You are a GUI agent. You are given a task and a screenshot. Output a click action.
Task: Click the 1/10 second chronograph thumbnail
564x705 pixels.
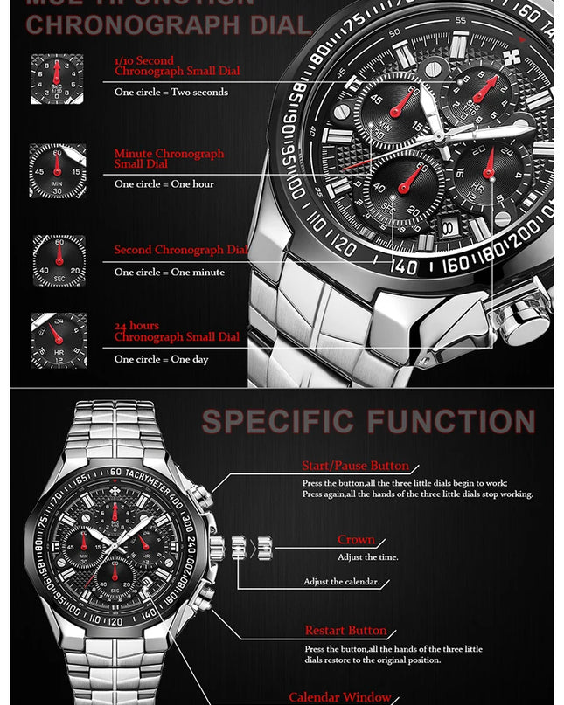[x=58, y=79]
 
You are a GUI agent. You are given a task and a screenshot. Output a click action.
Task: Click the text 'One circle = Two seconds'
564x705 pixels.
[x=171, y=93]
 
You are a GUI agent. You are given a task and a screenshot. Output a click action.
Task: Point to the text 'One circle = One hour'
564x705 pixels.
[x=164, y=184]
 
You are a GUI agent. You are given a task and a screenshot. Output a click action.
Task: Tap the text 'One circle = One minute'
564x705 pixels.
[x=169, y=273]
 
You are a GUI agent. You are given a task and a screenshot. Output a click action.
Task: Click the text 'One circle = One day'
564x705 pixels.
[x=161, y=360]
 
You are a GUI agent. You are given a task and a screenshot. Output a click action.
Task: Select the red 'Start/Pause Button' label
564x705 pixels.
[x=355, y=467]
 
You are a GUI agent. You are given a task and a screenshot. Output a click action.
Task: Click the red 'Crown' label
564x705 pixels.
[x=356, y=540]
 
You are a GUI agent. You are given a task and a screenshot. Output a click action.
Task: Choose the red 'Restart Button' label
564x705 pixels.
[x=345, y=631]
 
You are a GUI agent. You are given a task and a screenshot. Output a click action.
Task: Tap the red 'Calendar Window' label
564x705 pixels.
[x=340, y=697]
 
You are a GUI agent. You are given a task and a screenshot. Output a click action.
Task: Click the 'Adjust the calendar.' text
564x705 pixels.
[x=342, y=582]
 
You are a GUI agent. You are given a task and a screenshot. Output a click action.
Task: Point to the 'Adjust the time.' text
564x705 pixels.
[x=368, y=557]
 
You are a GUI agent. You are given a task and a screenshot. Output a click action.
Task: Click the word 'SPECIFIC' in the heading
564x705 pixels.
[x=282, y=422]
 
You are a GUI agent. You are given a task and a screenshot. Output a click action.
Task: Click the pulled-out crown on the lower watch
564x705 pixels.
[x=265, y=549]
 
